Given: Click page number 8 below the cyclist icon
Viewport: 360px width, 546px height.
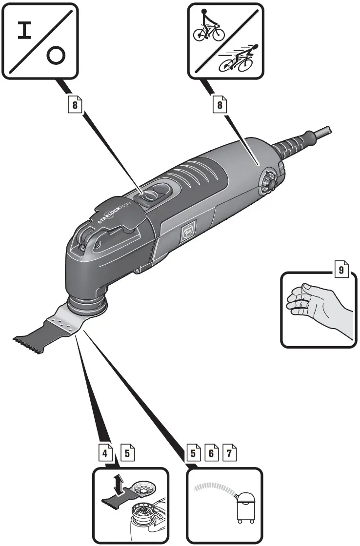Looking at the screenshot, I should [x=220, y=105].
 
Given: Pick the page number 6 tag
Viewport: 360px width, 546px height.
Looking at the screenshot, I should [x=211, y=453].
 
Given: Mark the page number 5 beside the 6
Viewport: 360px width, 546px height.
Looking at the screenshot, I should [x=193, y=453].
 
